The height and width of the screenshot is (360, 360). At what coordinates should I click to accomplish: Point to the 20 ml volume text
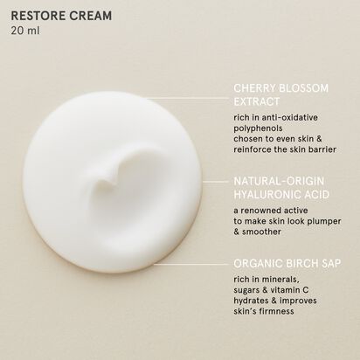pos(25,31)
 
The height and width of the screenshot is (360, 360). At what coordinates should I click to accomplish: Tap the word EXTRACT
pos(257,101)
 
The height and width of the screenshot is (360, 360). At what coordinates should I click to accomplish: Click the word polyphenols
pos(258,128)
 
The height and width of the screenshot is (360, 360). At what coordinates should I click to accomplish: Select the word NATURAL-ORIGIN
pos(279,181)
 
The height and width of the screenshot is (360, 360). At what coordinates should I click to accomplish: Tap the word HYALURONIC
pos(269,195)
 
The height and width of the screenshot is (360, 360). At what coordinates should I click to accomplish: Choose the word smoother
pos(261,232)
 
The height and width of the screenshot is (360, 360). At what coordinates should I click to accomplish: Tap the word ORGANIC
pos(258,263)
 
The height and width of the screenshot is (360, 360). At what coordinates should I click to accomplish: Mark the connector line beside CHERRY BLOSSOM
pos(190,98)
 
